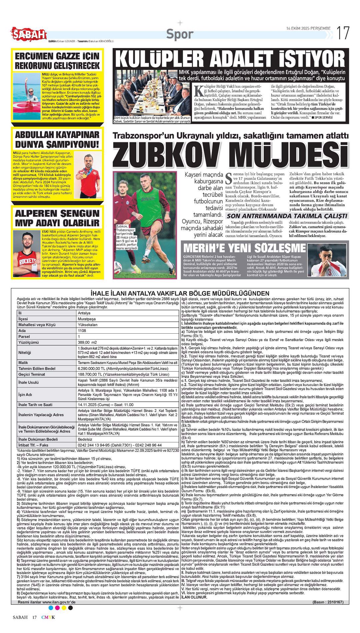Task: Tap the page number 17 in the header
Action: tap(343, 33)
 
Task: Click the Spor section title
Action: tap(180, 34)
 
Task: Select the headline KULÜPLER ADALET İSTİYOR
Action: tap(230, 59)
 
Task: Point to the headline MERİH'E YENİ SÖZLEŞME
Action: tap(244, 248)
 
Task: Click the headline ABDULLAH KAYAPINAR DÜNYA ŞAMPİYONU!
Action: tap(57, 139)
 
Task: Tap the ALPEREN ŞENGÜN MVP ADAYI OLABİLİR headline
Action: tap(57, 218)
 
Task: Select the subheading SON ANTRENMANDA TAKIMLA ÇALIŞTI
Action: tap(287, 216)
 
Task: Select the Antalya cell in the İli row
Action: tap(84, 313)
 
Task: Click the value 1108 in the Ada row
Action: tap(82, 331)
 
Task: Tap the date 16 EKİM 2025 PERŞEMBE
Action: tap(308, 28)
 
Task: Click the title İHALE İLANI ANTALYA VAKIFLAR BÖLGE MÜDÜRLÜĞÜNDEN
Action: tap(180, 293)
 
